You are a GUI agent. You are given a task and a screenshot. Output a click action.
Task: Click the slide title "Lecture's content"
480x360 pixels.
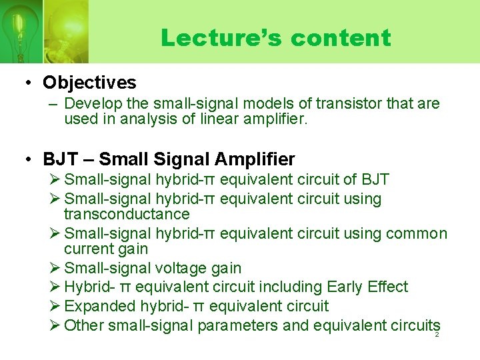(275, 37)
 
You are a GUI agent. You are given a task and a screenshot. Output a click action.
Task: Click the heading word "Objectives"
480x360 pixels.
(89, 83)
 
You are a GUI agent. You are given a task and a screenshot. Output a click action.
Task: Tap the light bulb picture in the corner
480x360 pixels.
(20, 30)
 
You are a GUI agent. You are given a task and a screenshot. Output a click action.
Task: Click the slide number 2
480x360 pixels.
(437, 334)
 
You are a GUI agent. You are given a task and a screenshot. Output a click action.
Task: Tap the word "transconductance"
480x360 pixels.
(127, 214)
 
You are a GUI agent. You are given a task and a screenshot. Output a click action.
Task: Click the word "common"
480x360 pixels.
(420, 233)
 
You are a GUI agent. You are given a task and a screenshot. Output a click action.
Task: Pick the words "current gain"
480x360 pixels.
(105, 249)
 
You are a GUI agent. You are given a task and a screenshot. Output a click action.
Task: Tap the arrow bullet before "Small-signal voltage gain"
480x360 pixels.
(56, 268)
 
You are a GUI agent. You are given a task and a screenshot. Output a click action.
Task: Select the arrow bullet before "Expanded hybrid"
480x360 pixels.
(56, 307)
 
